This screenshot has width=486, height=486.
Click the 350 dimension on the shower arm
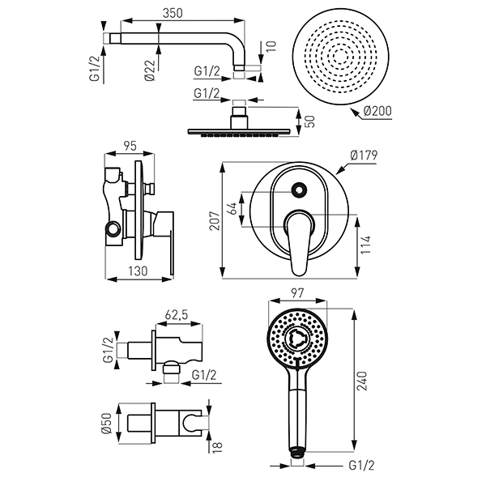[173, 13]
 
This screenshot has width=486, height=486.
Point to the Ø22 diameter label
[150, 70]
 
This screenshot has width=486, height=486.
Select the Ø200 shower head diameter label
[377, 111]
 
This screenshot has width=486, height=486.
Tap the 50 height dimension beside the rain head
[310, 122]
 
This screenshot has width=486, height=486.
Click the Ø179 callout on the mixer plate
[364, 155]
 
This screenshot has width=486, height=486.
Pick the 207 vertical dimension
[215, 220]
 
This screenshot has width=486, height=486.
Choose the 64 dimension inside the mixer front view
[232, 208]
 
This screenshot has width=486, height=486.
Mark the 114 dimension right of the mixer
[366, 245]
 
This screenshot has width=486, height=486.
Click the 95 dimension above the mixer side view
[130, 146]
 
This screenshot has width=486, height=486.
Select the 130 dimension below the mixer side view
[139, 271]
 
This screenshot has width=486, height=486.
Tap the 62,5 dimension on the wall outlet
[176, 315]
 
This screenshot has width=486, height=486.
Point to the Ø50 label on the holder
[107, 424]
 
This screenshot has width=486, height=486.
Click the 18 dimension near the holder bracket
[218, 448]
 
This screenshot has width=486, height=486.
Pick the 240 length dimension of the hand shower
[362, 381]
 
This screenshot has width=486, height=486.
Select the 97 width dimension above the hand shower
[297, 293]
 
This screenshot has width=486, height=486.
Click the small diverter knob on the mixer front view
[298, 190]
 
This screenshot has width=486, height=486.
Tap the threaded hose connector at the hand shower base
[297, 452]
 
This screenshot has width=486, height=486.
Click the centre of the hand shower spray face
[297, 338]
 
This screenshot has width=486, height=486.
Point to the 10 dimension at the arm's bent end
[271, 46]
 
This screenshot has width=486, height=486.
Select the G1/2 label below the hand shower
[361, 466]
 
